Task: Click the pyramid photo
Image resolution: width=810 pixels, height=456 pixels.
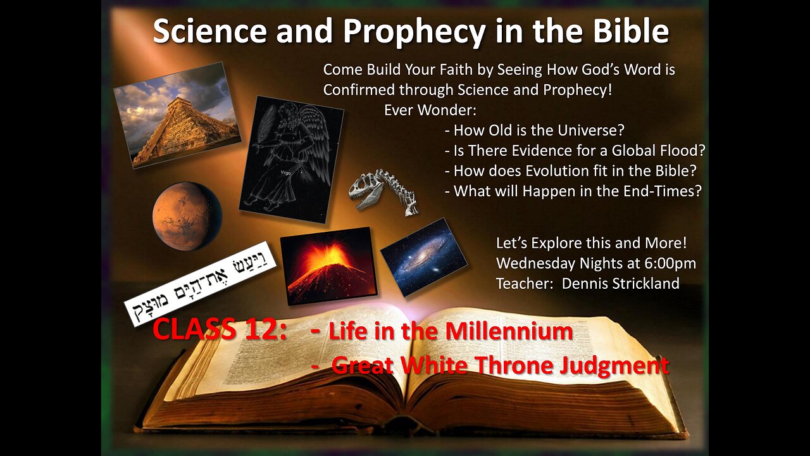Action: (x=177, y=115)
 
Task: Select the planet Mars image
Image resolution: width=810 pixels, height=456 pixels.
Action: (x=187, y=216)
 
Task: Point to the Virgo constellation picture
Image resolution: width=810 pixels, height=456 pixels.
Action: (x=292, y=159)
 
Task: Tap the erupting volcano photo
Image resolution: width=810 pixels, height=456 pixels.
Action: (x=328, y=265)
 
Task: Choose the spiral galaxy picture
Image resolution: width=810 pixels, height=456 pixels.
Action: (x=424, y=257)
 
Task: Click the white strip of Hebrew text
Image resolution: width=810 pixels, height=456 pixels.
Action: (x=200, y=284)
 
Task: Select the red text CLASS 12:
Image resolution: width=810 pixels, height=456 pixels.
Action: (x=220, y=329)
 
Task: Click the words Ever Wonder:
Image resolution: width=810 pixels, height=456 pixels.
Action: (x=430, y=110)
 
